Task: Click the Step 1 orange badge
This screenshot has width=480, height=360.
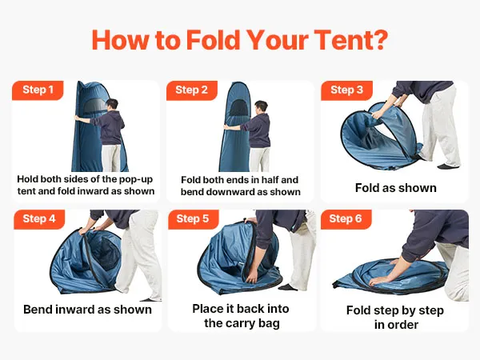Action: click(x=38, y=90)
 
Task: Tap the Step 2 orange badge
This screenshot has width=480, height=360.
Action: click(x=192, y=90)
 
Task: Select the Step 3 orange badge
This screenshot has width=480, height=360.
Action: click(x=346, y=90)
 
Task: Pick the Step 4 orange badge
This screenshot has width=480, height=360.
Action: click(x=39, y=219)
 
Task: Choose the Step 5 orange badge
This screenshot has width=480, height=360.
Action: click(x=193, y=219)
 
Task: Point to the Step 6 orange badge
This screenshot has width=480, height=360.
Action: click(x=346, y=219)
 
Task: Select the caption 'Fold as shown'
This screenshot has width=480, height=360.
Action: click(x=395, y=188)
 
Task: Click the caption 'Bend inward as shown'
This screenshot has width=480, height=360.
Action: click(x=87, y=310)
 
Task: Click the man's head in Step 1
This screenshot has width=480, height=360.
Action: click(x=112, y=105)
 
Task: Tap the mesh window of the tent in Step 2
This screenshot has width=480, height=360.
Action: click(x=238, y=109)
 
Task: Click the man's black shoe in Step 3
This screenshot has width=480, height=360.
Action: click(x=448, y=166)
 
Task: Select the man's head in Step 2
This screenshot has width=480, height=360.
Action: click(x=262, y=107)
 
